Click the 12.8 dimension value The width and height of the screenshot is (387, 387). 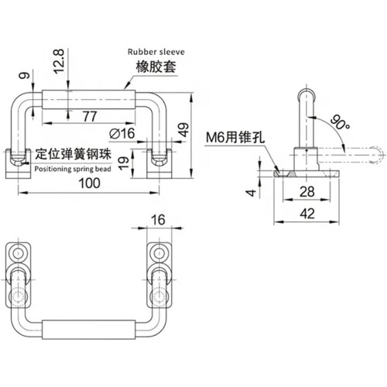pyautogui.click(x=59, y=61)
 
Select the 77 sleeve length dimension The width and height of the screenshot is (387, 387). pyautogui.click(x=90, y=116)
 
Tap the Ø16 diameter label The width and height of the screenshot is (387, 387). pyautogui.click(x=122, y=133)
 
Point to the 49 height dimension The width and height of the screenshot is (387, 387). pyautogui.click(x=183, y=130)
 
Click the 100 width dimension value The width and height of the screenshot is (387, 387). pyautogui.click(x=89, y=183)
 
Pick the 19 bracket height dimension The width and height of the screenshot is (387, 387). pyautogui.click(x=124, y=163)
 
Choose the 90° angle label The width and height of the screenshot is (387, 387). pyautogui.click(x=340, y=123)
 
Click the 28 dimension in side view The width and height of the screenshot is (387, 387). pyautogui.click(x=307, y=192)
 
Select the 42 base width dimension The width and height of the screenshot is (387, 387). pyautogui.click(x=307, y=214)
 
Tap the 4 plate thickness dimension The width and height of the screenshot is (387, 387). pyautogui.click(x=251, y=193)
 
